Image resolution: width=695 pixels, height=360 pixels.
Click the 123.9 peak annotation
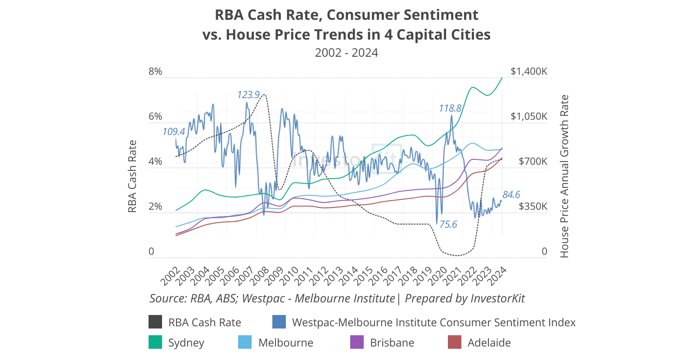[x=248, y=95]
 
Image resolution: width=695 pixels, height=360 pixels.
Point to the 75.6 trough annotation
[x=448, y=224]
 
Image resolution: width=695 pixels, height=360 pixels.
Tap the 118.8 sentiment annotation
[x=450, y=108]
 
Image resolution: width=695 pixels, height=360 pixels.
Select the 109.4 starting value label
[x=174, y=132]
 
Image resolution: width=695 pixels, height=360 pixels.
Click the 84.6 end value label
[x=511, y=194]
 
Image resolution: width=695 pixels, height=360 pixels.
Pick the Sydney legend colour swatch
[x=155, y=342]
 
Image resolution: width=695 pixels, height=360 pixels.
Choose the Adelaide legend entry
[x=489, y=342]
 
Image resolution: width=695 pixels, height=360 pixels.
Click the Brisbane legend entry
[x=392, y=342]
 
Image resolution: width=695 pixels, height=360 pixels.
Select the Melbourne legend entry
[x=285, y=342]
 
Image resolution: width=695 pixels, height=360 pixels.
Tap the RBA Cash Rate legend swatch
[x=155, y=322]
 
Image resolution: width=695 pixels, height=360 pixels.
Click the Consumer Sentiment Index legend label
[x=433, y=322]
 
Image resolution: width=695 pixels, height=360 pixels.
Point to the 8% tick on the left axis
[x=155, y=72]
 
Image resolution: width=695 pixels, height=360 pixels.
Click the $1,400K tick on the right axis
[x=529, y=72]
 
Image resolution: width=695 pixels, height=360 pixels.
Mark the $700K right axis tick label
[x=533, y=162]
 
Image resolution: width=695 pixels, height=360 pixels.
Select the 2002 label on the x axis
[x=170, y=276]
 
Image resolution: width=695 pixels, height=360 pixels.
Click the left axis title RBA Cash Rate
[x=132, y=176]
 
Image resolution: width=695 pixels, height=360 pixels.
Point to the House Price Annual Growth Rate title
[x=564, y=176]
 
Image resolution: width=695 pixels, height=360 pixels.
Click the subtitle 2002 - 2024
[x=346, y=53]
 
